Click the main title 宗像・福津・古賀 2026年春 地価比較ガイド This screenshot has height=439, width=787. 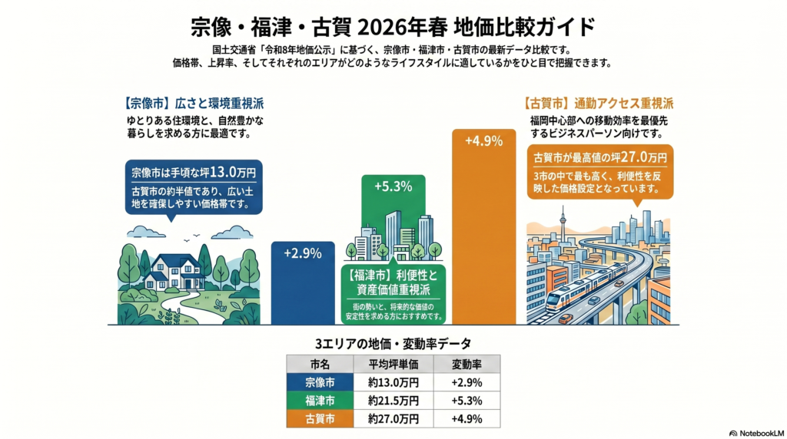pos(393,27)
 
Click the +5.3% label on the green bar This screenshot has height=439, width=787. pos(393,186)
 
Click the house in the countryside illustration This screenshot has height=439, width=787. pos(174,271)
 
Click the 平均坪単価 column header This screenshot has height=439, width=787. pos(393,364)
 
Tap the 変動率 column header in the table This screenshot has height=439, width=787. pos(467,364)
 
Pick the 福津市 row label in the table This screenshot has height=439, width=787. pos(319,400)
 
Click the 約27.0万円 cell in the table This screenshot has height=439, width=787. pos(393,418)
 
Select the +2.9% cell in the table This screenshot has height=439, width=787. pos(467,381)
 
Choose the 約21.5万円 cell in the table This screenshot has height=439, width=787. pos(393,400)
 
